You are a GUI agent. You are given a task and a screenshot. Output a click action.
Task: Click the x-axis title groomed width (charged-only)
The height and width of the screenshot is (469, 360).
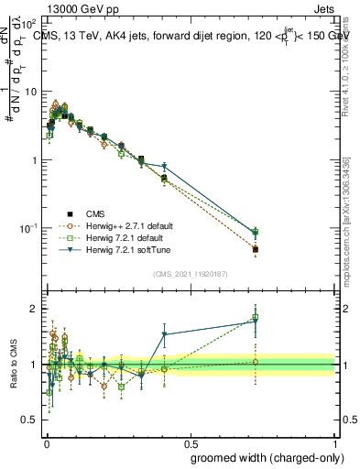click(x=263, y=457)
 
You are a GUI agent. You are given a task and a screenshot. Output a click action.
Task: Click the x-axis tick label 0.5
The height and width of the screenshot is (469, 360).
click(x=190, y=441)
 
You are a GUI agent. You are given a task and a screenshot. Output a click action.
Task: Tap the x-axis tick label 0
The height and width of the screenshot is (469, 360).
click(x=45, y=441)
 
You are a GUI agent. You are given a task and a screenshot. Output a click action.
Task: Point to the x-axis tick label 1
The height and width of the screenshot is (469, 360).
click(x=335, y=441)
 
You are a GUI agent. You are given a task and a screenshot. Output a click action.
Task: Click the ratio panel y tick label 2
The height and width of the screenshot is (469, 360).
click(x=33, y=309)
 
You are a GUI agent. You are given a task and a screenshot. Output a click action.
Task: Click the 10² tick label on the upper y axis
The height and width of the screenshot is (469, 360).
click(x=29, y=25)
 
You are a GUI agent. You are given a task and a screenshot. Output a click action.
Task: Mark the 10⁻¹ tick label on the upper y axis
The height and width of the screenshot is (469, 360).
click(x=29, y=228)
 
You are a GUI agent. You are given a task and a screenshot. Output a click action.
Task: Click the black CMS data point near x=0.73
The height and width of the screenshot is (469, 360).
click(x=256, y=249)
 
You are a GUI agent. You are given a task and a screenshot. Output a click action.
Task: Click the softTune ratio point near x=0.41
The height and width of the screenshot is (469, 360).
click(x=164, y=334)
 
